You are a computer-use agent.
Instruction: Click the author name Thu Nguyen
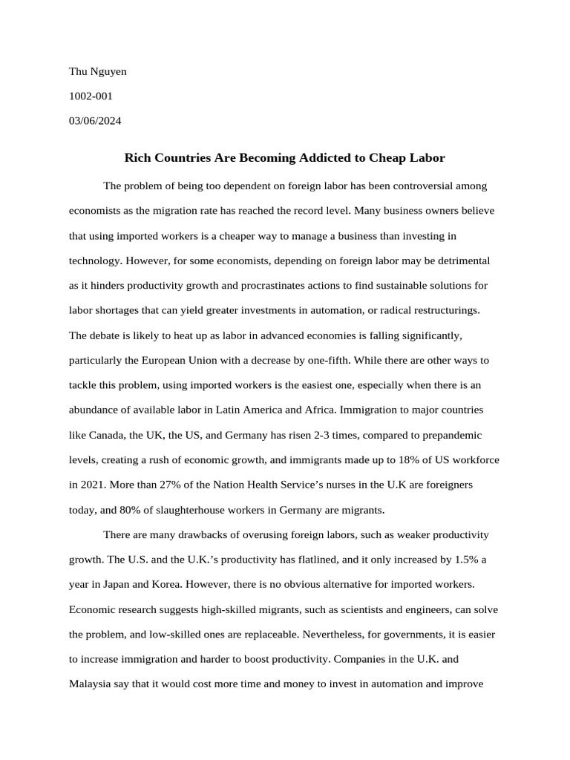(97, 71)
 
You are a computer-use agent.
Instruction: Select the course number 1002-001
(91, 96)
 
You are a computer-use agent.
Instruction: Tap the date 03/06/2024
(95, 120)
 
